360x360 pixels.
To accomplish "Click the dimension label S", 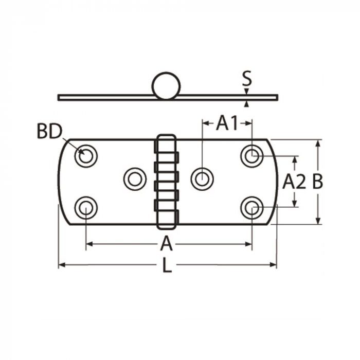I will point(247,79).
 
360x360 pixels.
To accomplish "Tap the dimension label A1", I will point(227,123).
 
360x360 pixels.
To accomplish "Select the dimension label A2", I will point(295,182).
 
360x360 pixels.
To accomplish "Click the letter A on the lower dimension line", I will point(166,244).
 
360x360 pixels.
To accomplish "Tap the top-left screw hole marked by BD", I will point(86,156).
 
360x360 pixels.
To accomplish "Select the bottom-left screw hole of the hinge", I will point(86,208).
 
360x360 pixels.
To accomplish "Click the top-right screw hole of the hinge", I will point(251,156).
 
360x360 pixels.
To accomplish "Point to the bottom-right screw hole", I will point(251,208).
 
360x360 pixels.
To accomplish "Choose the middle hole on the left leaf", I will point(135,178).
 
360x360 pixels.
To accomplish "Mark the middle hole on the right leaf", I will point(202,178).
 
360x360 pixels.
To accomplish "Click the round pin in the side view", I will point(166,86).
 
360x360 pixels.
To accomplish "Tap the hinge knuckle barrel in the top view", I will point(166,182).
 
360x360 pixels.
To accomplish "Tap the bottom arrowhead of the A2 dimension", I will point(295,204).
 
